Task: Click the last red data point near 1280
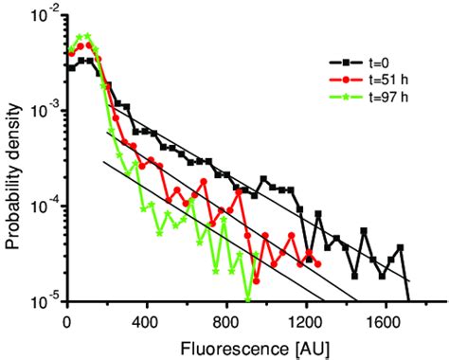pos(318,264)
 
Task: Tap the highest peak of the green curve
pos(87,36)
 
